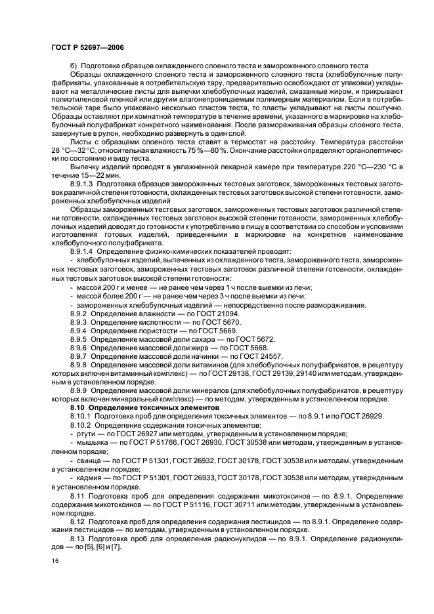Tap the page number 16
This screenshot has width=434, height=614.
[54, 561]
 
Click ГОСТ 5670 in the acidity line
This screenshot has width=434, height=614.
[224, 323]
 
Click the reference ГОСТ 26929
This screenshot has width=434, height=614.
[363, 416]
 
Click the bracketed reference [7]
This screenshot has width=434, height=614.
[116, 546]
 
